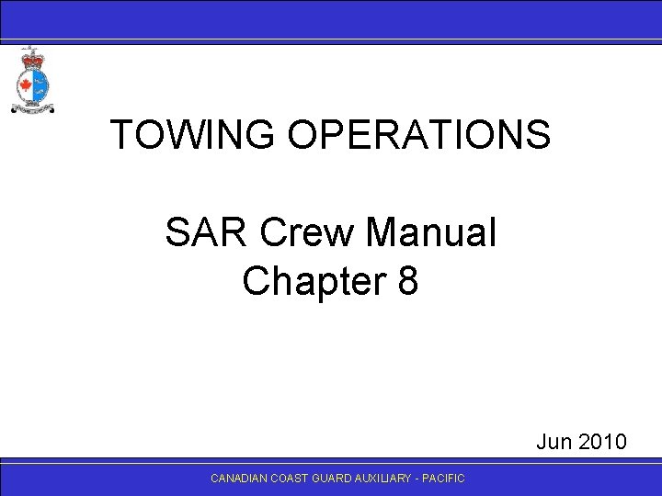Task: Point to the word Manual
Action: coord(430,234)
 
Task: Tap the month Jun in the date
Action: coord(554,443)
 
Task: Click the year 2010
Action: coord(601,443)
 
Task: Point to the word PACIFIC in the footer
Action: coord(445,479)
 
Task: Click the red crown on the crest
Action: coord(31,57)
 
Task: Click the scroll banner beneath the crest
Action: coord(32,110)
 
